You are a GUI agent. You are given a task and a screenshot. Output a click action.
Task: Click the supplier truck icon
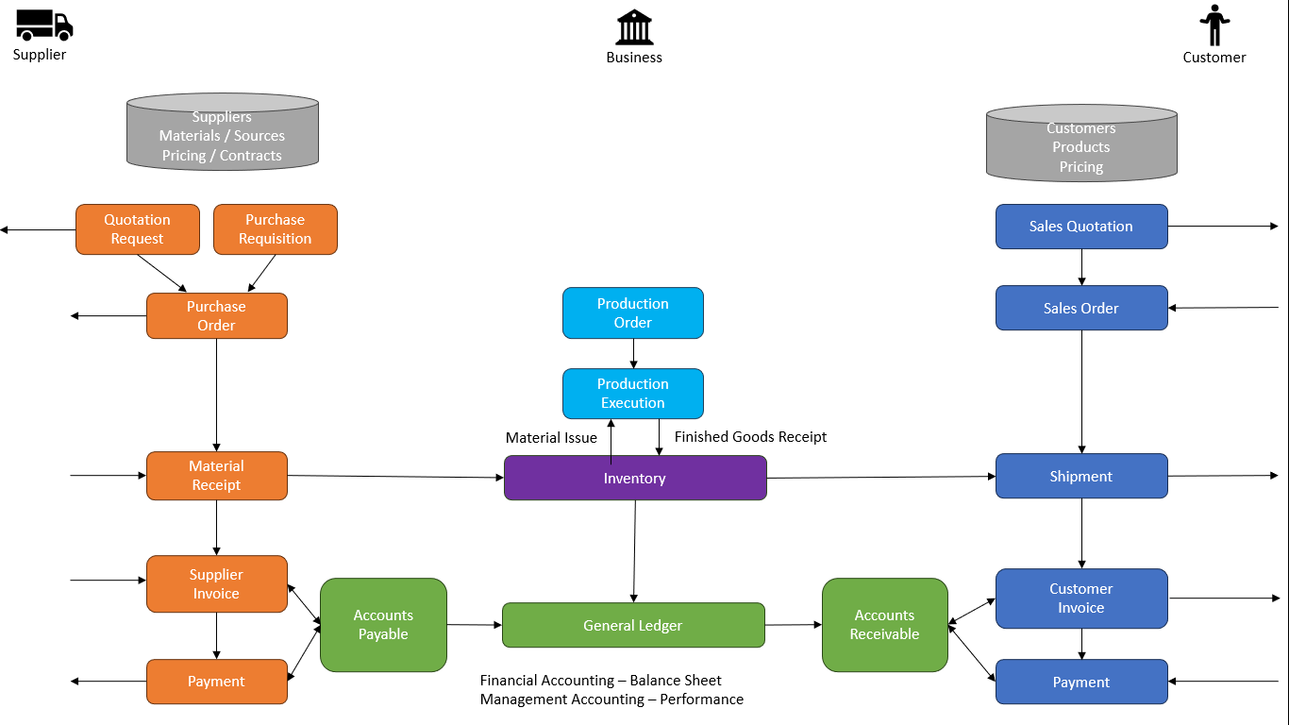pyautogui.click(x=43, y=25)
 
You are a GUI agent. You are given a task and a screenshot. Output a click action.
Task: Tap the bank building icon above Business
pyautogui.click(x=634, y=27)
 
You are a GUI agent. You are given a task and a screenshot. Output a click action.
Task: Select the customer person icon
pyautogui.click(x=1214, y=25)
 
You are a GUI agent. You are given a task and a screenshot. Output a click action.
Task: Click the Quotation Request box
pyautogui.click(x=138, y=229)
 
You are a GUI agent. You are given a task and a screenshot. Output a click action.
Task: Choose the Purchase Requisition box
pyautogui.click(x=275, y=229)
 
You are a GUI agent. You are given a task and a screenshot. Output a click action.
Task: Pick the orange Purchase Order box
pyautogui.click(x=216, y=316)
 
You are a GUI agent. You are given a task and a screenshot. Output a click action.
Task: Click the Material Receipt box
pyautogui.click(x=216, y=476)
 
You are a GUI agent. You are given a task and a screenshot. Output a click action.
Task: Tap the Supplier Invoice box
pyautogui.click(x=216, y=584)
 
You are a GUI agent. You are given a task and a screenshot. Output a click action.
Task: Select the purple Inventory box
pyautogui.click(x=635, y=479)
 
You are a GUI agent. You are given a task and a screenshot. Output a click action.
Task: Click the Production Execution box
pyautogui.click(x=632, y=394)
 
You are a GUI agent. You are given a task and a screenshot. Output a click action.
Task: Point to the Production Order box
pyautogui.click(x=632, y=313)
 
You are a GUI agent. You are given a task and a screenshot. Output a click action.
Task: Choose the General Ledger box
pyautogui.click(x=633, y=626)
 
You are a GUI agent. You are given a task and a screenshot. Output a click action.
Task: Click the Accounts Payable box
pyautogui.click(x=383, y=625)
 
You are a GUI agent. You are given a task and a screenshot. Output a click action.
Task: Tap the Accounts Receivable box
pyautogui.click(x=884, y=625)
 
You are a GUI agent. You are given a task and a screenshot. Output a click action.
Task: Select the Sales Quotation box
pyautogui.click(x=1081, y=227)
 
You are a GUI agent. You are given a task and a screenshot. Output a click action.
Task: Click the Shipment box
pyautogui.click(x=1081, y=477)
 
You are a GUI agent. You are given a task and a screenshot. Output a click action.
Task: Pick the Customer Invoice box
pyautogui.click(x=1081, y=599)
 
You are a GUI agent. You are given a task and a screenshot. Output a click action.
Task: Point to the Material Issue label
pyautogui.click(x=551, y=438)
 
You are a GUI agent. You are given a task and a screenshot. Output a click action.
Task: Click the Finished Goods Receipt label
pyautogui.click(x=750, y=437)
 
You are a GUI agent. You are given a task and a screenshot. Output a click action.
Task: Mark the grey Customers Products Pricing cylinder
pyautogui.click(x=1081, y=147)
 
